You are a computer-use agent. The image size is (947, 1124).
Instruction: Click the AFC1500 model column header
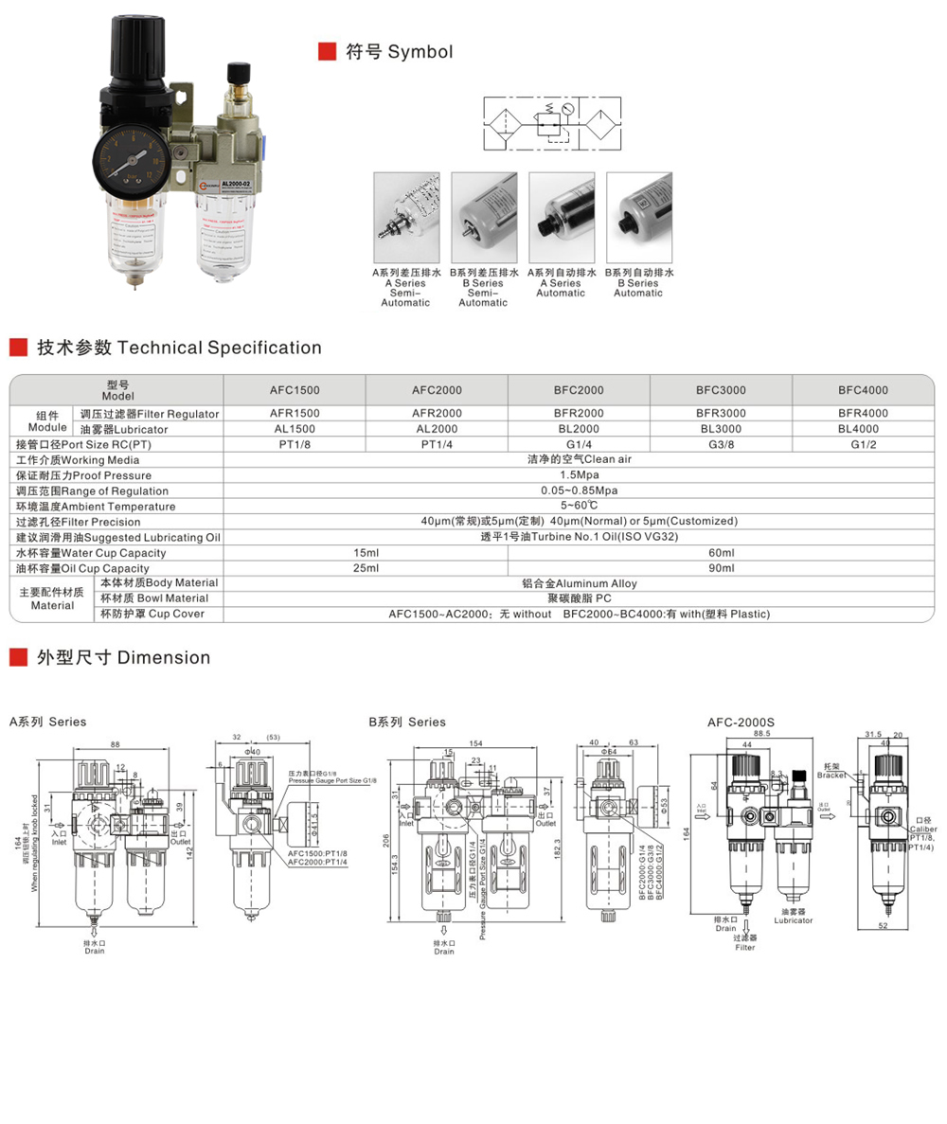pos(295,390)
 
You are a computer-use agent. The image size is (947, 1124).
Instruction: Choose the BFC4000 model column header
pos(863,390)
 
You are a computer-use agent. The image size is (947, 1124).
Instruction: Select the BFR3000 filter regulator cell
pos(721,414)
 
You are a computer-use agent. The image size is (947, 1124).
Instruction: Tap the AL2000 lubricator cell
pos(437,429)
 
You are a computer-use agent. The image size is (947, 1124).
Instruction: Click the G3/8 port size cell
pos(721,444)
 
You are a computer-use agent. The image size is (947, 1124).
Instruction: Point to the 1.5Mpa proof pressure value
pos(580,475)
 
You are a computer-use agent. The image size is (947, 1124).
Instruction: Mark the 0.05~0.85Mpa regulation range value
pos(580,491)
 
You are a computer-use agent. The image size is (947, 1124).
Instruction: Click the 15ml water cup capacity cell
pos(366,553)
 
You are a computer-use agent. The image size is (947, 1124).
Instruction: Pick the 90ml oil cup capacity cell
pos(721,568)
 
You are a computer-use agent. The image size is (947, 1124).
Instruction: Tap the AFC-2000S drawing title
pos(741,722)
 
